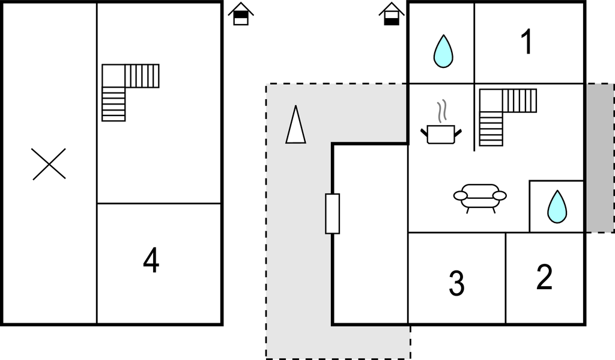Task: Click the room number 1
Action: pyautogui.click(x=527, y=43)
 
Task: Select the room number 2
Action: pyautogui.click(x=544, y=277)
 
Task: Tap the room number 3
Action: pyautogui.click(x=456, y=284)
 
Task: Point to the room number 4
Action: pyautogui.click(x=151, y=261)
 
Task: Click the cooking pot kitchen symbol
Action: pyautogui.click(x=441, y=133)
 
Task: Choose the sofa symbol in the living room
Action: pyautogui.click(x=480, y=197)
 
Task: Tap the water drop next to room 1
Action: pyautogui.click(x=443, y=51)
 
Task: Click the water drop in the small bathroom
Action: pyautogui.click(x=557, y=207)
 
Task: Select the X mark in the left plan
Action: pyautogui.click(x=49, y=164)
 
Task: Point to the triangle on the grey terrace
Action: pyautogui.click(x=295, y=125)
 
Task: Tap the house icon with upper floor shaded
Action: pyautogui.click(x=241, y=14)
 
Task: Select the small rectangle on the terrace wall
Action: pyautogui.click(x=332, y=213)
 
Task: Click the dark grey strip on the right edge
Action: pyautogui.click(x=599, y=157)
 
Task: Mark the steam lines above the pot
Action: pyautogui.click(x=442, y=111)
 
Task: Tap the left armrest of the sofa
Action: pyautogui.click(x=461, y=195)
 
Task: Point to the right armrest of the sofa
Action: pyautogui.click(x=500, y=195)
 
